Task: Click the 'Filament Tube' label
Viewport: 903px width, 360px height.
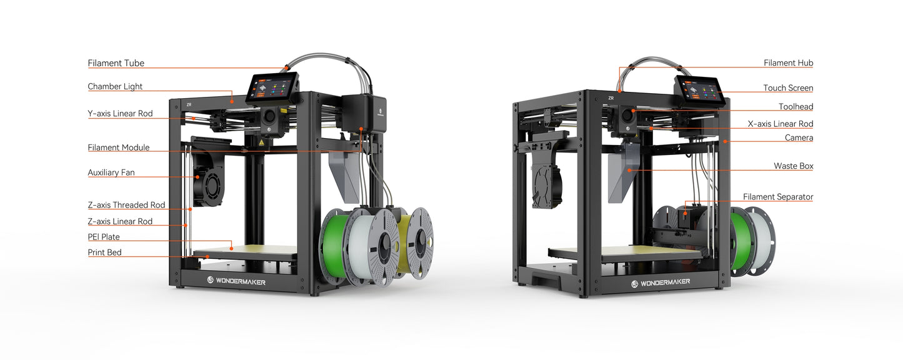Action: click(x=116, y=63)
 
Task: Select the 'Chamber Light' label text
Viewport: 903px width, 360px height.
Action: click(x=115, y=87)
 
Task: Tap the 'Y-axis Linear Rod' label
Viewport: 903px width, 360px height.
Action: click(x=120, y=114)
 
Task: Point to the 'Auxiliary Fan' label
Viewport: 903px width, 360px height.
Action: click(x=111, y=172)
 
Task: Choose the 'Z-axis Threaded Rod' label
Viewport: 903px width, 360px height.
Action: click(x=126, y=205)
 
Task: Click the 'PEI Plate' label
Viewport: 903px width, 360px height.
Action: click(x=104, y=237)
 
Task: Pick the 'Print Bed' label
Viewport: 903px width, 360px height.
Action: click(x=104, y=252)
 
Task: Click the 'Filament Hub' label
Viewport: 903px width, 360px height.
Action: click(x=788, y=63)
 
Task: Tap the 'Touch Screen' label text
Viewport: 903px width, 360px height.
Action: click(x=788, y=88)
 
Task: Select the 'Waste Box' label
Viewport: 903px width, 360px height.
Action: click(x=793, y=166)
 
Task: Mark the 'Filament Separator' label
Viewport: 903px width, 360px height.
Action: click(x=778, y=197)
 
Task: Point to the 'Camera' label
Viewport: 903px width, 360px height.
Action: click(x=799, y=137)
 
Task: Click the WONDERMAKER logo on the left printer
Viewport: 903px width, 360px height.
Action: click(x=236, y=282)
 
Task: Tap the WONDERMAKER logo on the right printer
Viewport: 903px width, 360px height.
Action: click(x=661, y=282)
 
